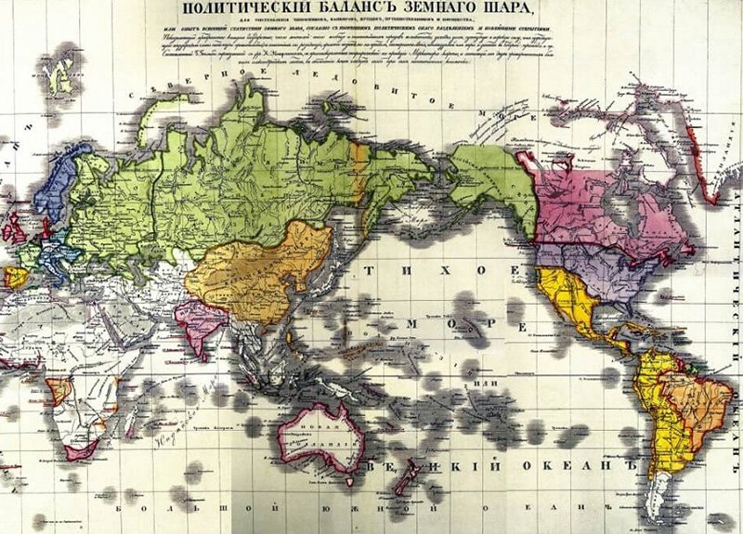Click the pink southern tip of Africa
(x=82, y=452)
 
